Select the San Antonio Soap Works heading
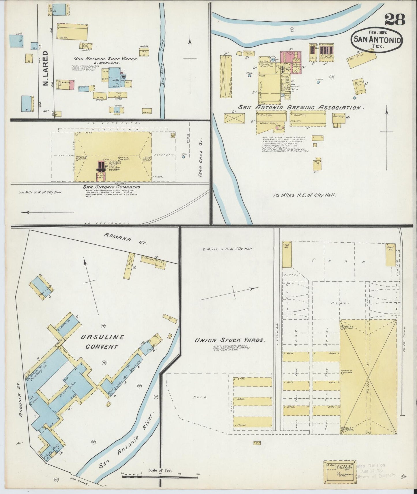pyautogui.click(x=106, y=58)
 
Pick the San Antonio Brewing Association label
pyautogui.click(x=299, y=108)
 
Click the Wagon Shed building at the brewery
pyautogui.click(x=226, y=76)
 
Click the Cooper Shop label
pyautogui.click(x=269, y=123)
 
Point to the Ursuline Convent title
pyautogui.click(x=102, y=342)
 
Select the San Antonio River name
pyautogui.click(x=127, y=446)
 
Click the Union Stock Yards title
pyautogui.click(x=230, y=340)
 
